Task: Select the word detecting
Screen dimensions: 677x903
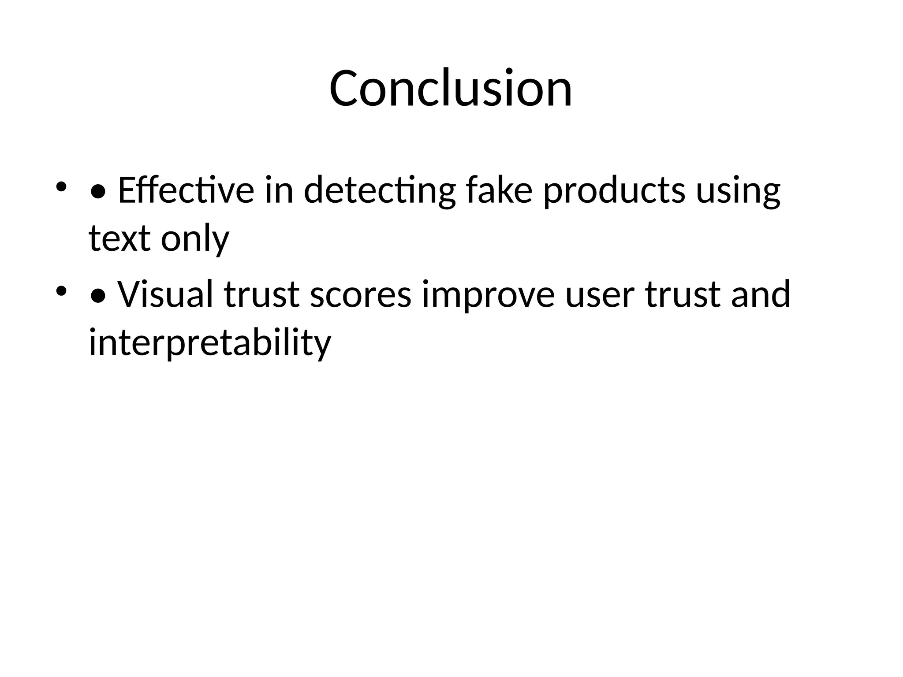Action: pos(380,191)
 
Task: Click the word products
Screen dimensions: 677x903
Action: pos(614,191)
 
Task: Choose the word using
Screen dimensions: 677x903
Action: pos(738,191)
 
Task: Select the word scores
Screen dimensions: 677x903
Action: pos(360,294)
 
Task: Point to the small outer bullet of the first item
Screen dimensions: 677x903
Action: pos(61,186)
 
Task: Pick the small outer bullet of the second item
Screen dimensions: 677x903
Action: pos(61,290)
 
